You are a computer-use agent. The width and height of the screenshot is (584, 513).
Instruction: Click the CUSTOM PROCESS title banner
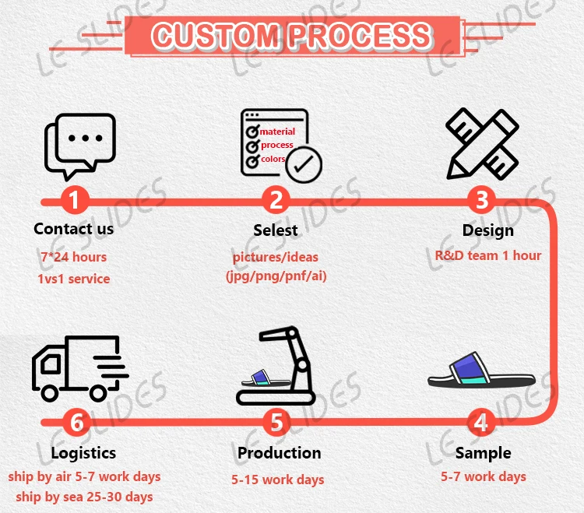coord(291,35)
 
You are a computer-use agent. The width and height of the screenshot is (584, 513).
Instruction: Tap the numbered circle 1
coord(75,201)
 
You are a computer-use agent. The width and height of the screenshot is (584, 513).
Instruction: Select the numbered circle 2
coord(275,201)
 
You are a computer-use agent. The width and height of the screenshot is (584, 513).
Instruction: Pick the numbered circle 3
coord(482,201)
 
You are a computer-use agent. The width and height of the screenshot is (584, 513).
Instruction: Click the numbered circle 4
coord(482,423)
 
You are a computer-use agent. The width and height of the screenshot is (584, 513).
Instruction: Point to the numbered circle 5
coord(276,423)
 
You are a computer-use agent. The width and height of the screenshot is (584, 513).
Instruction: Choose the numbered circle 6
coord(76,423)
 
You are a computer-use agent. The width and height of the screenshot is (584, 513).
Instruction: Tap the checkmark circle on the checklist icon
coord(304,164)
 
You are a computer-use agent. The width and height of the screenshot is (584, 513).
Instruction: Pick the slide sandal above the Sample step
coord(482,371)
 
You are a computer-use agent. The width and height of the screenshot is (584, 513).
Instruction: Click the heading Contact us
coord(74,229)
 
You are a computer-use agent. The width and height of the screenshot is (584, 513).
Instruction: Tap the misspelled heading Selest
coord(276,230)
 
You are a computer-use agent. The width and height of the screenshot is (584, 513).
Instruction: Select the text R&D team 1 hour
coord(488,255)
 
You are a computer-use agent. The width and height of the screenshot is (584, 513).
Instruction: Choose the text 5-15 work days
coord(277,480)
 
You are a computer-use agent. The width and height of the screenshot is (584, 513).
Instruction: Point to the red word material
coord(277,132)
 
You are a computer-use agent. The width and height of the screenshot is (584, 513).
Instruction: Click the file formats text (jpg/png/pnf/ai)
coord(276,276)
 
